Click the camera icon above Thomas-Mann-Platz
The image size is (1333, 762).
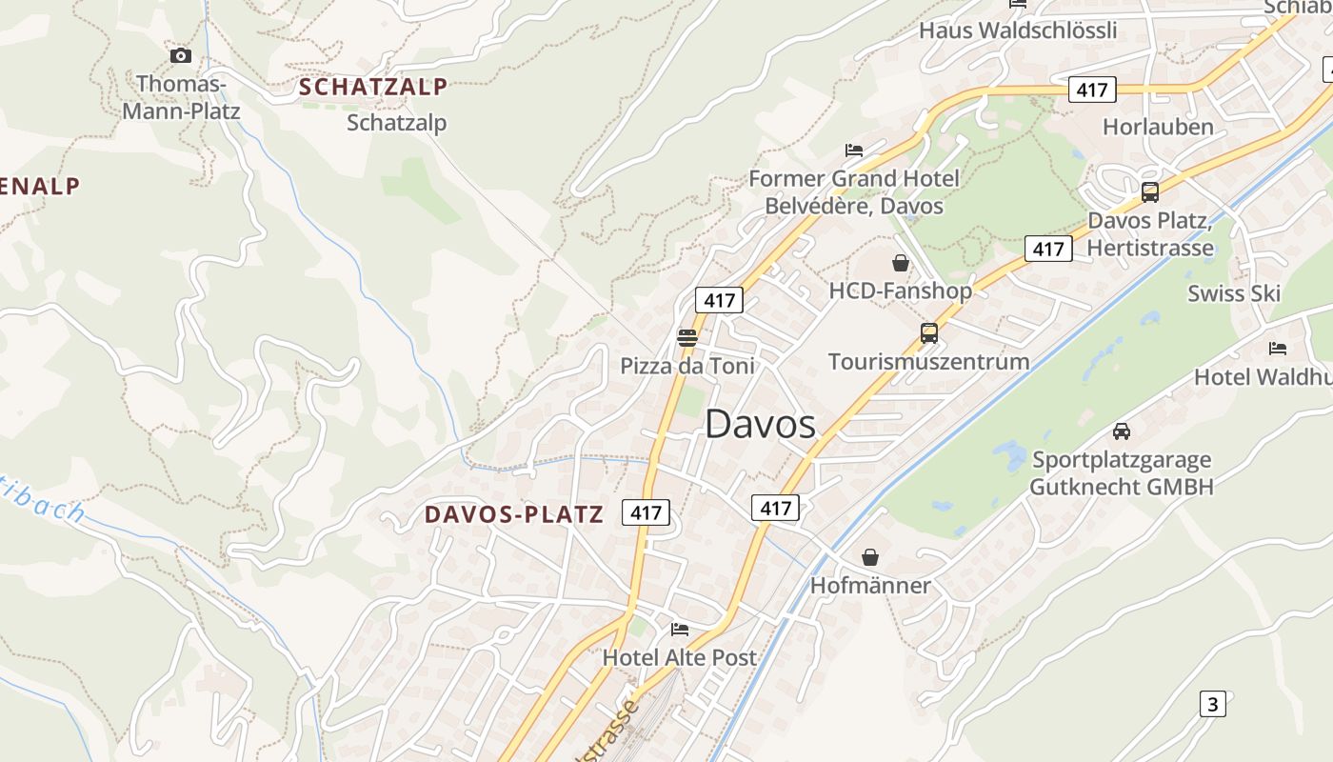[180, 56]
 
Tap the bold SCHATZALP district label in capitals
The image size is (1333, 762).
[372, 87]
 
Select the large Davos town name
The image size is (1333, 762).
[760, 425]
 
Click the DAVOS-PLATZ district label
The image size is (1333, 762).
[514, 514]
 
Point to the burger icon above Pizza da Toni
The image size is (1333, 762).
[686, 337]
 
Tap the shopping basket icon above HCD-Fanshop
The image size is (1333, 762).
[900, 263]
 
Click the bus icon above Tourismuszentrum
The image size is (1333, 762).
[928, 333]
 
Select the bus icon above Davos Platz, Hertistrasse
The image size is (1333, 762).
[1149, 192]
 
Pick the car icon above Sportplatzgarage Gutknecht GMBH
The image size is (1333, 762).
[1122, 431]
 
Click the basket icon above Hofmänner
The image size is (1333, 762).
[869, 557]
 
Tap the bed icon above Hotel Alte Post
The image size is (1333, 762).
[679, 629]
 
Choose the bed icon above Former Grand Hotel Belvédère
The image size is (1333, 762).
[853, 150]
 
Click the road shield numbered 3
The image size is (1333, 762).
[1212, 705]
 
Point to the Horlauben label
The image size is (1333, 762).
[1158, 127]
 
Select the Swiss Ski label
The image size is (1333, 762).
[1234, 293]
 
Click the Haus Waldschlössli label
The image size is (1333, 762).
[1018, 30]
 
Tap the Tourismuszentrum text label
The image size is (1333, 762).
[928, 362]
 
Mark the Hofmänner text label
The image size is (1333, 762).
[869, 585]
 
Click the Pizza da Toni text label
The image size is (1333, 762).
[686, 366]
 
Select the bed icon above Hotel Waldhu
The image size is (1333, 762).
[1277, 349]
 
